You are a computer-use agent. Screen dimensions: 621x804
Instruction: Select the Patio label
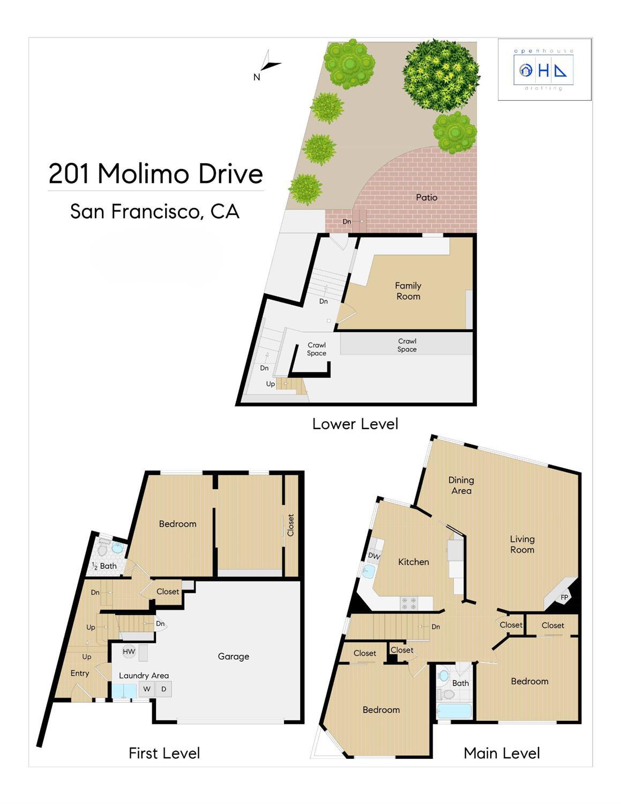[x=427, y=197]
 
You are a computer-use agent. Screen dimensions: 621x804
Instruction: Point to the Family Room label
[x=408, y=291]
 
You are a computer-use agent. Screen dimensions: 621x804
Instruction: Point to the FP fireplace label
[x=564, y=597]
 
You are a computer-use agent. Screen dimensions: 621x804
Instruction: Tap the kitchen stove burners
[x=409, y=603]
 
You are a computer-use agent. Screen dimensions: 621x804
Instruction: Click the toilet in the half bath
[x=102, y=550]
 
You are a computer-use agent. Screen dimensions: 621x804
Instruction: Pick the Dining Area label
[x=461, y=485]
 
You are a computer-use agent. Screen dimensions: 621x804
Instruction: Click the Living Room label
[x=522, y=544]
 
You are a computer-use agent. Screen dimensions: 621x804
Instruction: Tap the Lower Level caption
[x=355, y=424]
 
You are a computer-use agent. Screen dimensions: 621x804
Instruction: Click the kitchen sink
[x=369, y=571]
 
